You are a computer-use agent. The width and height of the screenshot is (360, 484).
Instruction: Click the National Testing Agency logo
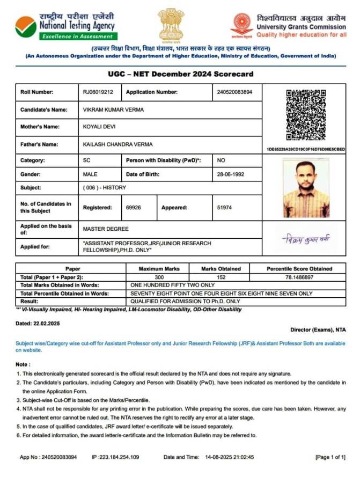(26, 26)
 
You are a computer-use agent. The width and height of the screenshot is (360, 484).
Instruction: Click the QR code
(306, 115)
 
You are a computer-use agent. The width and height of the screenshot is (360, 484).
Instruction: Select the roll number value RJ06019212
(98, 92)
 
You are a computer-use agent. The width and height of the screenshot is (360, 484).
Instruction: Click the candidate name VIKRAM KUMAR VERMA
(113, 109)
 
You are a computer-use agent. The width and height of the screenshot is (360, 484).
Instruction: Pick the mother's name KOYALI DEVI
(99, 127)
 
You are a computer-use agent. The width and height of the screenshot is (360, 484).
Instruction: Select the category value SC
(86, 160)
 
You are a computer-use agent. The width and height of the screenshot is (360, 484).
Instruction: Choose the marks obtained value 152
(221, 277)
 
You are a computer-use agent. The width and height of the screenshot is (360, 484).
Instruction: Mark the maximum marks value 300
(159, 277)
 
